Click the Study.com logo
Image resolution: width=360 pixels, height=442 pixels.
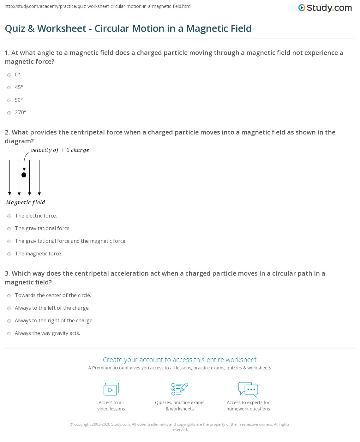[x=325, y=8]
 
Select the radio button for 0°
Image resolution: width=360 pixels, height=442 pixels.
[x=9, y=75]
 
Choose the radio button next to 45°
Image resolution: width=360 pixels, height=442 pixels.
[x=9, y=87]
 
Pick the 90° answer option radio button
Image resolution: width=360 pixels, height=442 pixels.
[x=9, y=100]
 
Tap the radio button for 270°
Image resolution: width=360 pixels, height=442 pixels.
[x=9, y=113]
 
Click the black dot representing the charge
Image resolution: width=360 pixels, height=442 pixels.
[x=24, y=175]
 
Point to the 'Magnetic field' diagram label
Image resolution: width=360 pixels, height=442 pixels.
[x=26, y=202]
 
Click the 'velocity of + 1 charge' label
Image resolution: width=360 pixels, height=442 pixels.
[x=60, y=150]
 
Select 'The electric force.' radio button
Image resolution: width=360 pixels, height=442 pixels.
[x=9, y=216]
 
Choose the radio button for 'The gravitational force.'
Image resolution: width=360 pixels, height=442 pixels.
[x=9, y=229]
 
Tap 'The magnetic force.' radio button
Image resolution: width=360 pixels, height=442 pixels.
[x=9, y=254]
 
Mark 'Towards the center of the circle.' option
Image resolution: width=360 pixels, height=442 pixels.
[x=9, y=296]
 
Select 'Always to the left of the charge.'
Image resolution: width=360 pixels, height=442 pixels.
[x=9, y=308]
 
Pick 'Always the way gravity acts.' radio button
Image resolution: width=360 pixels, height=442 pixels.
[x=9, y=333]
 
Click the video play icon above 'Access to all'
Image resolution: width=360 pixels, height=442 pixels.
[x=111, y=389]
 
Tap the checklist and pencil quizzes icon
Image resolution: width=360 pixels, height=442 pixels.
[x=180, y=389]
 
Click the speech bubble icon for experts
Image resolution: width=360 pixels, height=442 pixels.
[x=248, y=389]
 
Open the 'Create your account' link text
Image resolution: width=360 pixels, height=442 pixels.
[x=180, y=360]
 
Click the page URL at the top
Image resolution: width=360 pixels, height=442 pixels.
[x=98, y=6]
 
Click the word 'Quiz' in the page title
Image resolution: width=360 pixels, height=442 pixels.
[x=15, y=28]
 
